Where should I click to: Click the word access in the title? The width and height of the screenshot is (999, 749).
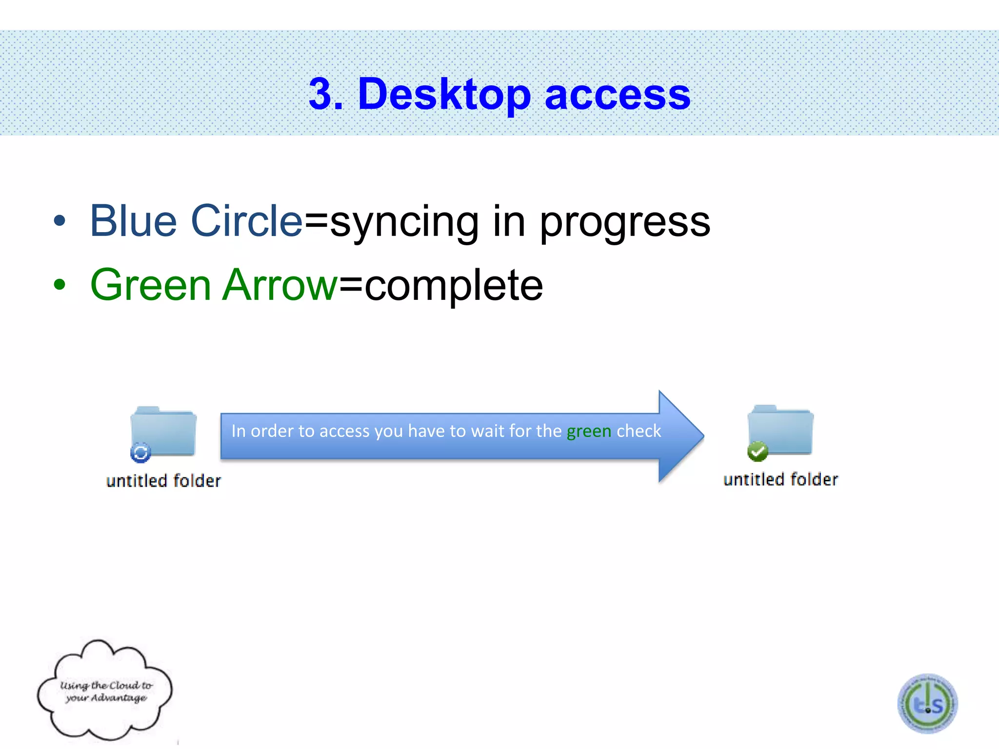click(x=618, y=95)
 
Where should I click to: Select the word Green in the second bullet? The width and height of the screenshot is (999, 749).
click(x=150, y=285)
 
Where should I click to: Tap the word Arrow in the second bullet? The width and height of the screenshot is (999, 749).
click(x=280, y=285)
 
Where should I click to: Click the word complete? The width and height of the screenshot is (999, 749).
click(x=454, y=287)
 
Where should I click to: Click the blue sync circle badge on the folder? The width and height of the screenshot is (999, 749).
click(x=140, y=453)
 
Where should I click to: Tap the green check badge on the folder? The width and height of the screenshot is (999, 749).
click(x=758, y=452)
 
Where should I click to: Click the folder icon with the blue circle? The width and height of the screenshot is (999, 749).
click(x=164, y=431)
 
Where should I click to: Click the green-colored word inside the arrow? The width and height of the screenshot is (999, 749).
click(x=589, y=431)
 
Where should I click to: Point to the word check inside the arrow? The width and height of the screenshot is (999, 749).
click(x=639, y=431)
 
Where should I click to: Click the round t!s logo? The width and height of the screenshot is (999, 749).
click(x=928, y=704)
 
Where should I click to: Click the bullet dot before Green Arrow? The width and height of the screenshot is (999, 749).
click(x=60, y=285)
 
